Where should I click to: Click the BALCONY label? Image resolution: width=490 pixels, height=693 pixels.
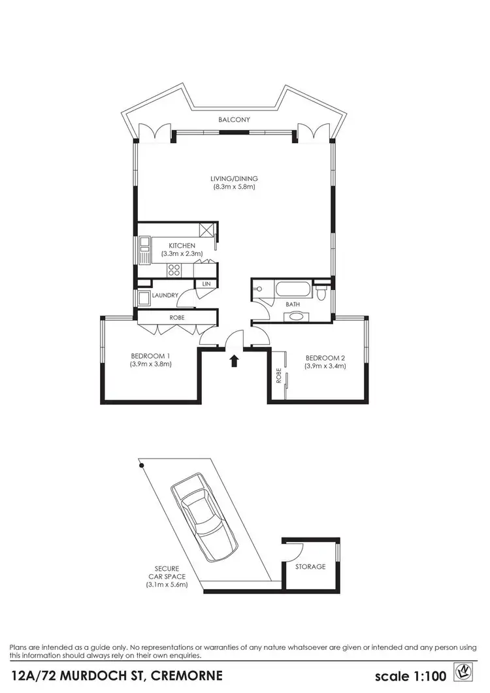235,120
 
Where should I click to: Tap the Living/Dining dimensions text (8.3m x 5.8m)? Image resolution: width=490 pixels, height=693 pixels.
234,187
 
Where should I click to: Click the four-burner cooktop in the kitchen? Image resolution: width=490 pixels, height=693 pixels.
174,268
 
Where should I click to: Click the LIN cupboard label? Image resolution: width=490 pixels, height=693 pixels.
206,284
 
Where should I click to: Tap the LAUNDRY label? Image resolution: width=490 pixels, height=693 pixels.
165,296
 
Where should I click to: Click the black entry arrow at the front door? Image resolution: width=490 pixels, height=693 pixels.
235,360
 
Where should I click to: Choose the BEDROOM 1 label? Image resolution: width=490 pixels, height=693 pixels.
151,356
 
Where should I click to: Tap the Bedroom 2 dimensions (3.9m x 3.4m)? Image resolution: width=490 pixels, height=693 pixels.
325,366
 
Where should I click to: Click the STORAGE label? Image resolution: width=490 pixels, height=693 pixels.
310,567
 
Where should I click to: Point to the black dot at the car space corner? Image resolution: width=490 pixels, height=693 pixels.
140,466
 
